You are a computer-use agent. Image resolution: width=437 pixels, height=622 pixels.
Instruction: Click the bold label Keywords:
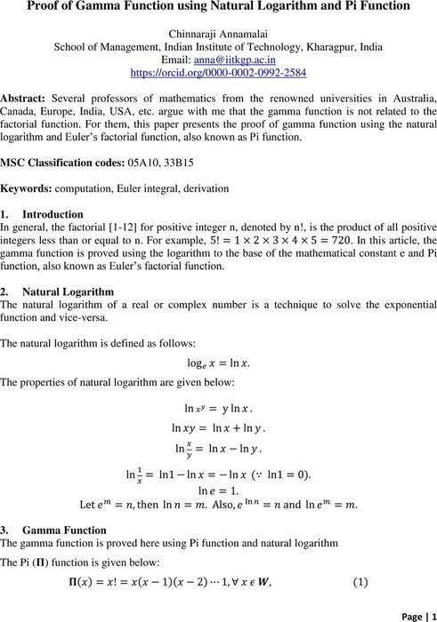pos(27,189)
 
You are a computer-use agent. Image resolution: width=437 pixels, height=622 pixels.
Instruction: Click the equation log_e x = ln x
pos(218,362)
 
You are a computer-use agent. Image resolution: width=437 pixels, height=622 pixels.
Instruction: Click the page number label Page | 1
pos(411,612)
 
